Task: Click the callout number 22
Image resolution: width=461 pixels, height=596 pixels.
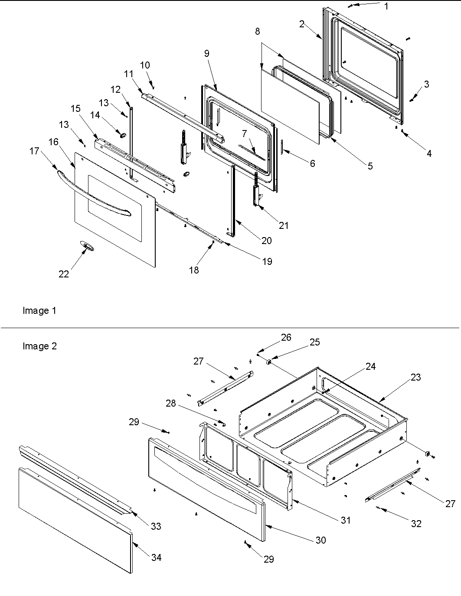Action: pyautogui.click(x=64, y=274)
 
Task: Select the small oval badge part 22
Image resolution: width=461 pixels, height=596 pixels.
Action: pyautogui.click(x=87, y=247)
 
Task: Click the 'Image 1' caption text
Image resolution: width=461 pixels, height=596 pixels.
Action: pyautogui.click(x=39, y=311)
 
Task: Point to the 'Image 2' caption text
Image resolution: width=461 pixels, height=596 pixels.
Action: pyautogui.click(x=39, y=346)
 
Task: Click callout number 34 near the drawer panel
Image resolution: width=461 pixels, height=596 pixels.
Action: pyautogui.click(x=156, y=557)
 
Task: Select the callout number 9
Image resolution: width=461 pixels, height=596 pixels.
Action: pyautogui.click(x=207, y=53)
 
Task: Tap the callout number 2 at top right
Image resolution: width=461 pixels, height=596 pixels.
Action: pyautogui.click(x=302, y=24)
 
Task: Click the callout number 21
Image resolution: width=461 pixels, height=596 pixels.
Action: pyautogui.click(x=284, y=225)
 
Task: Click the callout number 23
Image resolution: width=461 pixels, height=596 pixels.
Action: pyautogui.click(x=415, y=377)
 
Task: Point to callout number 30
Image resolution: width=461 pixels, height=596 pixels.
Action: pyautogui.click(x=320, y=540)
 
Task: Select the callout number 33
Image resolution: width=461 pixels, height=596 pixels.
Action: pyautogui.click(x=156, y=526)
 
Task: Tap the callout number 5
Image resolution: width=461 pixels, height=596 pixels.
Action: pyautogui.click(x=370, y=166)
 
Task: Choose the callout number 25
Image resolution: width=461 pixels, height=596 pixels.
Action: pyautogui.click(x=314, y=342)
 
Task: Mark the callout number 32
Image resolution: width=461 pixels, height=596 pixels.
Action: pyautogui.click(x=416, y=524)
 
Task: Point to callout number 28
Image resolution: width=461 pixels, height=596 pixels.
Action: pyautogui.click(x=171, y=404)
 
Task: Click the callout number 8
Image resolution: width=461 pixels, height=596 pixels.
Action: pyautogui.click(x=258, y=32)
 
